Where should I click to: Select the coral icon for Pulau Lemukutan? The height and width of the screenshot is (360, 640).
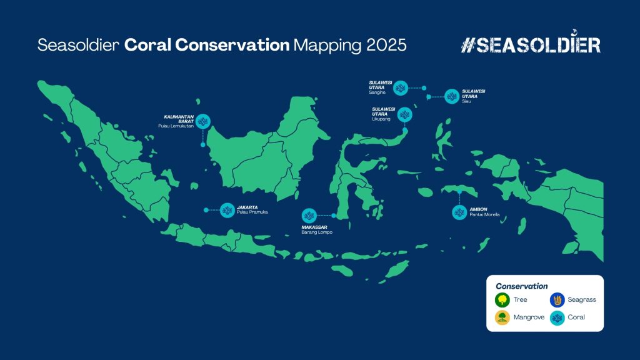[203, 121]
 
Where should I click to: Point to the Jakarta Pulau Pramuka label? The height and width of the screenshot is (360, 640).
[252, 210]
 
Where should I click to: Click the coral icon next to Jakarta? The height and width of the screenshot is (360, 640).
[227, 210]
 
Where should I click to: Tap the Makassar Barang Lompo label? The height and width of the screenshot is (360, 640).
[317, 230]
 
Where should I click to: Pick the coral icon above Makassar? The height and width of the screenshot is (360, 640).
[309, 216]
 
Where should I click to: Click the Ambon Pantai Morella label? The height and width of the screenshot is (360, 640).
[484, 212]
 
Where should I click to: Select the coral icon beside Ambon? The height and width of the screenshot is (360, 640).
[459, 212]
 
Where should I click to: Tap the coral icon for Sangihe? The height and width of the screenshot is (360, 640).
[401, 87]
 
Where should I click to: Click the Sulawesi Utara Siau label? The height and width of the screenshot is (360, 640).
[474, 96]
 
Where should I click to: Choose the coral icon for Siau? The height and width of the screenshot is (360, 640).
[452, 96]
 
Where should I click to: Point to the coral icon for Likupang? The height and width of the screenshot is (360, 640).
[404, 115]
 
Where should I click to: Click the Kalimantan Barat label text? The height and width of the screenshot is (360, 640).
[179, 119]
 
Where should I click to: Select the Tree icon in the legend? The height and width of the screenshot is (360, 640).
[502, 300]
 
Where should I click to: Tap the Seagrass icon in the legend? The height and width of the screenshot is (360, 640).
[557, 300]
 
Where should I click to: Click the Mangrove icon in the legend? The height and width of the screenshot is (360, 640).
[502, 317]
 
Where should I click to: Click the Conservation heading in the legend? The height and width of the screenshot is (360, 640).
[522, 286]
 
